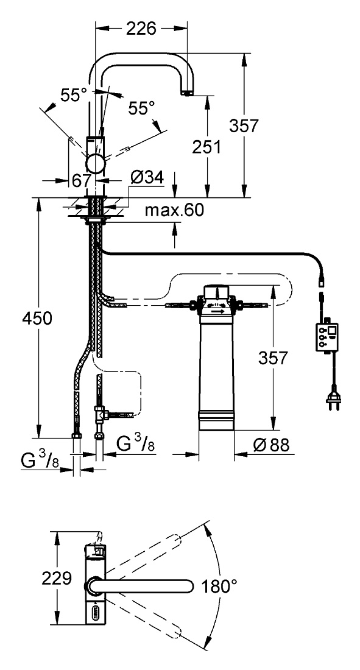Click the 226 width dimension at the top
click(141, 29)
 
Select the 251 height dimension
click(206, 147)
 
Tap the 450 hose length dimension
click(37, 318)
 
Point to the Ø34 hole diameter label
click(146, 177)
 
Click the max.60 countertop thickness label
click(174, 210)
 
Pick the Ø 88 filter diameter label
click(271, 445)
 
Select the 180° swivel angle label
click(219, 587)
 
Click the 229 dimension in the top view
click(57, 579)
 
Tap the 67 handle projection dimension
click(82, 180)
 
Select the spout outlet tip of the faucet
click(186, 93)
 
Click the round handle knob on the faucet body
click(95, 164)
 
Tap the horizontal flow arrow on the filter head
click(217, 312)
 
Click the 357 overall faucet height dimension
click(244, 125)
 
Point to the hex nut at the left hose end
click(77, 435)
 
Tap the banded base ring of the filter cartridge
click(216, 419)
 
